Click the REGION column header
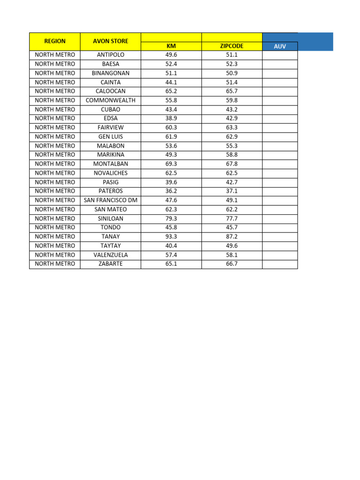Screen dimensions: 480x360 [55, 41]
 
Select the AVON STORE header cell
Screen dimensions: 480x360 [111, 41]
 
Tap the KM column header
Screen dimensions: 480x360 [171, 46]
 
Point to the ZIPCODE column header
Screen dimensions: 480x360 [232, 46]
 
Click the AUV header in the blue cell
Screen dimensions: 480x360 [280, 46]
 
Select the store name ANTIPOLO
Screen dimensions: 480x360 [111, 55]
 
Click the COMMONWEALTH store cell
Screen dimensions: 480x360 [111, 100]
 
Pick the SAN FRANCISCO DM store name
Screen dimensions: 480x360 [111, 200]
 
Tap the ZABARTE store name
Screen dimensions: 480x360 [111, 264]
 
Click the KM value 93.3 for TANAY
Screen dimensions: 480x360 [171, 237]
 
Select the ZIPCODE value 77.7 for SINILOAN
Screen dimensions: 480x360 [232, 218]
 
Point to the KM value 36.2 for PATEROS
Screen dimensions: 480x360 [171, 191]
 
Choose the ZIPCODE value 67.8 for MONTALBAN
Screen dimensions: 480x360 [232, 164]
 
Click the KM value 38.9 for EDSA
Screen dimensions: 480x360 [171, 119]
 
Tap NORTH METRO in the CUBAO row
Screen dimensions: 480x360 [55, 110]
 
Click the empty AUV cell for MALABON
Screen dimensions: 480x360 [280, 146]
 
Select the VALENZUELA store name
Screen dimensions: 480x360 [111, 255]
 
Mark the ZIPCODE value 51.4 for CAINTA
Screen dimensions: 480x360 [232, 82]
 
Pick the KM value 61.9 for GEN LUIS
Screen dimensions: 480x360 [171, 137]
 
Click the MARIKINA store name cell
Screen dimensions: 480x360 [111, 155]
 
